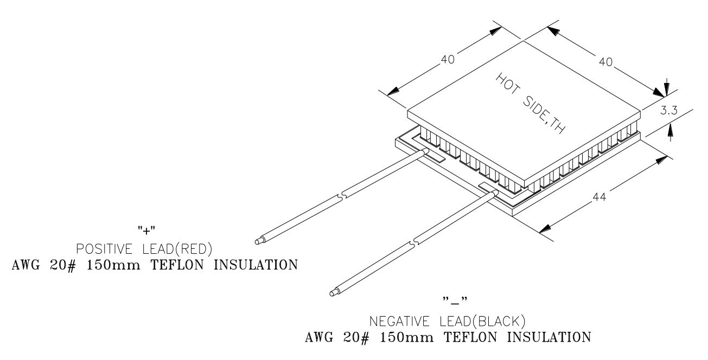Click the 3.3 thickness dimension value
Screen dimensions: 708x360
[669, 111]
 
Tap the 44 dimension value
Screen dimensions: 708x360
[599, 197]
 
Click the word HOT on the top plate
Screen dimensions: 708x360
[507, 83]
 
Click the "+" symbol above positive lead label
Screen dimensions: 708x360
[146, 230]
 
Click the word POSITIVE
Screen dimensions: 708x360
[104, 249]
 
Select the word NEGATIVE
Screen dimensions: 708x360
[399, 322]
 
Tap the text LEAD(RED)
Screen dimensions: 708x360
[177, 249]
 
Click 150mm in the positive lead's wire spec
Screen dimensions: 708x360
[113, 265]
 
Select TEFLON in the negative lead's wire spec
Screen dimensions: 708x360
[470, 338]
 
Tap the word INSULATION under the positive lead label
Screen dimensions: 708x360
[256, 265]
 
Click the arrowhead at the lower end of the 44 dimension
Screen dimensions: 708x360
[545, 229]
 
